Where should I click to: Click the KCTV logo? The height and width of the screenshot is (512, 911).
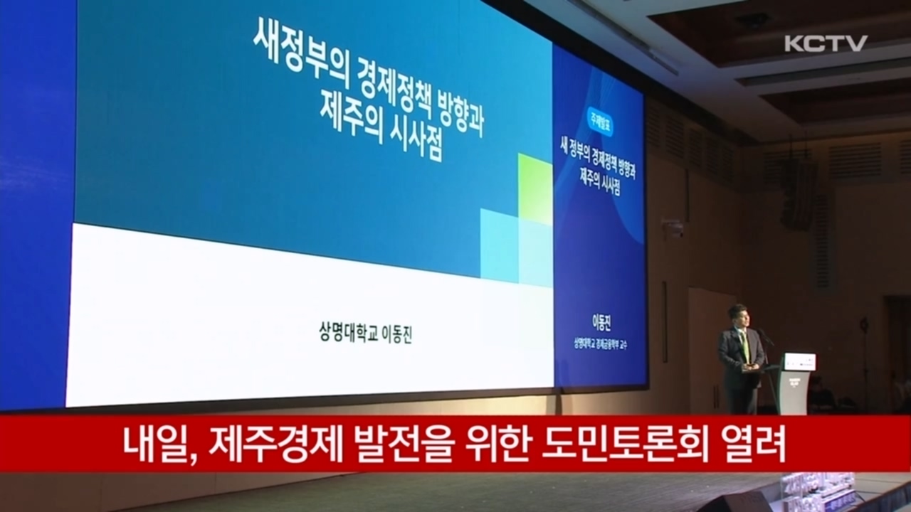pos(826,43)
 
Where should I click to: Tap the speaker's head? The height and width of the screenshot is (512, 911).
pos(737,315)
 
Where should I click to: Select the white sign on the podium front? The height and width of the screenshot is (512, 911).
pos(799,361)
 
